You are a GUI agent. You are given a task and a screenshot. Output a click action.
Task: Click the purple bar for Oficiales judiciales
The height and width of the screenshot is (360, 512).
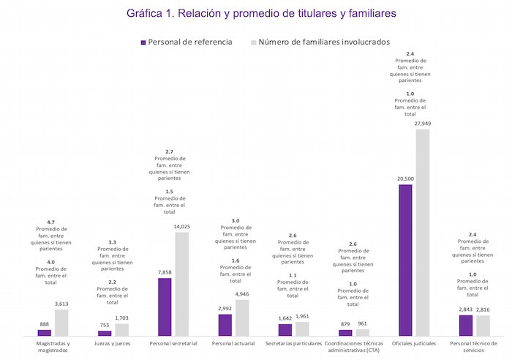405,260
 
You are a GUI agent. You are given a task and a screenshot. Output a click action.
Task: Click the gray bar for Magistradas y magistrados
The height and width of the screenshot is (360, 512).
61,323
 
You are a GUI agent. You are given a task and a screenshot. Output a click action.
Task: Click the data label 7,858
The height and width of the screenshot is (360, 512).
165,272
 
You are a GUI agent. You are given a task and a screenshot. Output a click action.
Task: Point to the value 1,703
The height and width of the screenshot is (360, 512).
122,318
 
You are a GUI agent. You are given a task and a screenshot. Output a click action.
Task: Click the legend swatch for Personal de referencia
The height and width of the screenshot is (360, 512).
143,42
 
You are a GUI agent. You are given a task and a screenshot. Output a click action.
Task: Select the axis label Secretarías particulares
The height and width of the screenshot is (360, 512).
293,343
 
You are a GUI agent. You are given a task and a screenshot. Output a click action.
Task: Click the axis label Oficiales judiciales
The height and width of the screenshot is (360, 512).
413,343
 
